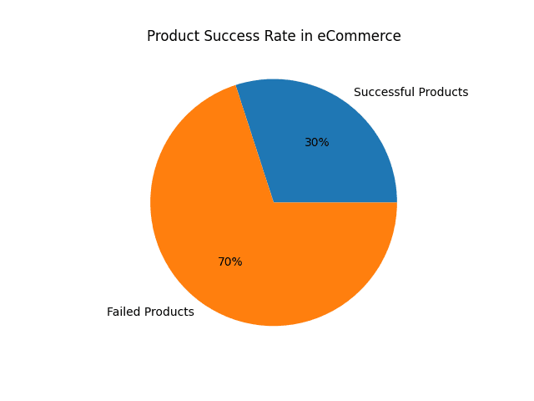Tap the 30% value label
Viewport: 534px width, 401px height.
316,143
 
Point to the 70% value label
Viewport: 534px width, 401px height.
229,262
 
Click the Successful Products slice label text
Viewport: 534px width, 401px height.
411,92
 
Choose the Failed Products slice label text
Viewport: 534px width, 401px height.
150,312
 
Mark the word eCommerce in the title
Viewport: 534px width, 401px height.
360,37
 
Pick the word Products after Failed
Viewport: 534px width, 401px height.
170,312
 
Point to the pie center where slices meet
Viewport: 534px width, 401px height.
274,202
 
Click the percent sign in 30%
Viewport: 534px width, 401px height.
324,143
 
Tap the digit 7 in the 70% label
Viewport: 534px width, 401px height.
221,262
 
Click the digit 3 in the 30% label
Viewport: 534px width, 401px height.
308,143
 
